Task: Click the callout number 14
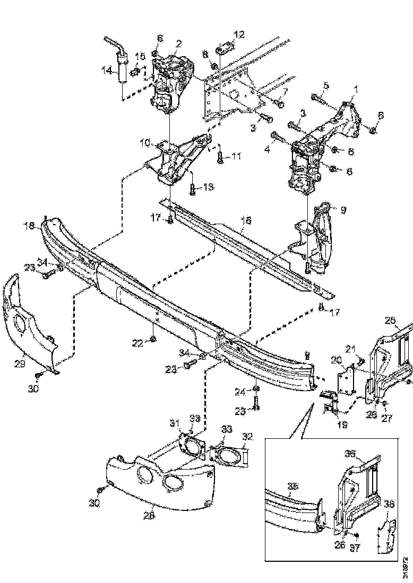[x=107, y=69]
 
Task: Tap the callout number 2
[x=178, y=43]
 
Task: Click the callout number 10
[x=145, y=143]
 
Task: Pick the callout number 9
[x=343, y=210]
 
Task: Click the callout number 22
[x=137, y=343]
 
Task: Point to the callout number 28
[x=149, y=515]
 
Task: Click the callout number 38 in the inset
[x=389, y=505]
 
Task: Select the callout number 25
[x=390, y=321]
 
